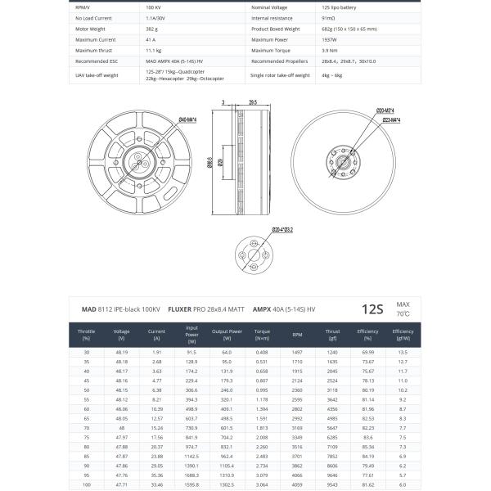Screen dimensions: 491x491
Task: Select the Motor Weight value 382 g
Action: tap(151, 28)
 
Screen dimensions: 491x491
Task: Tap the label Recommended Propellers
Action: tap(279, 61)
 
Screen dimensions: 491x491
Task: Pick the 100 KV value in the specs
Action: tap(153, 6)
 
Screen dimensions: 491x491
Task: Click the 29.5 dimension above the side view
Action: tap(252, 102)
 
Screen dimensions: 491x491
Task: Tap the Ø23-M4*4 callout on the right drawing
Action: tap(390, 119)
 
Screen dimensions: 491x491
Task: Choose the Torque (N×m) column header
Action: tap(262, 335)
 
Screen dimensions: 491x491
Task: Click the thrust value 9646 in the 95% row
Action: tap(332, 473)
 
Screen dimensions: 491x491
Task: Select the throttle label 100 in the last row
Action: tap(86, 484)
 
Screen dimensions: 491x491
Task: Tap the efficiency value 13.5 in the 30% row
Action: tap(403, 352)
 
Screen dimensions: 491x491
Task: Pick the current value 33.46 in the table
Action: tap(156, 484)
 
